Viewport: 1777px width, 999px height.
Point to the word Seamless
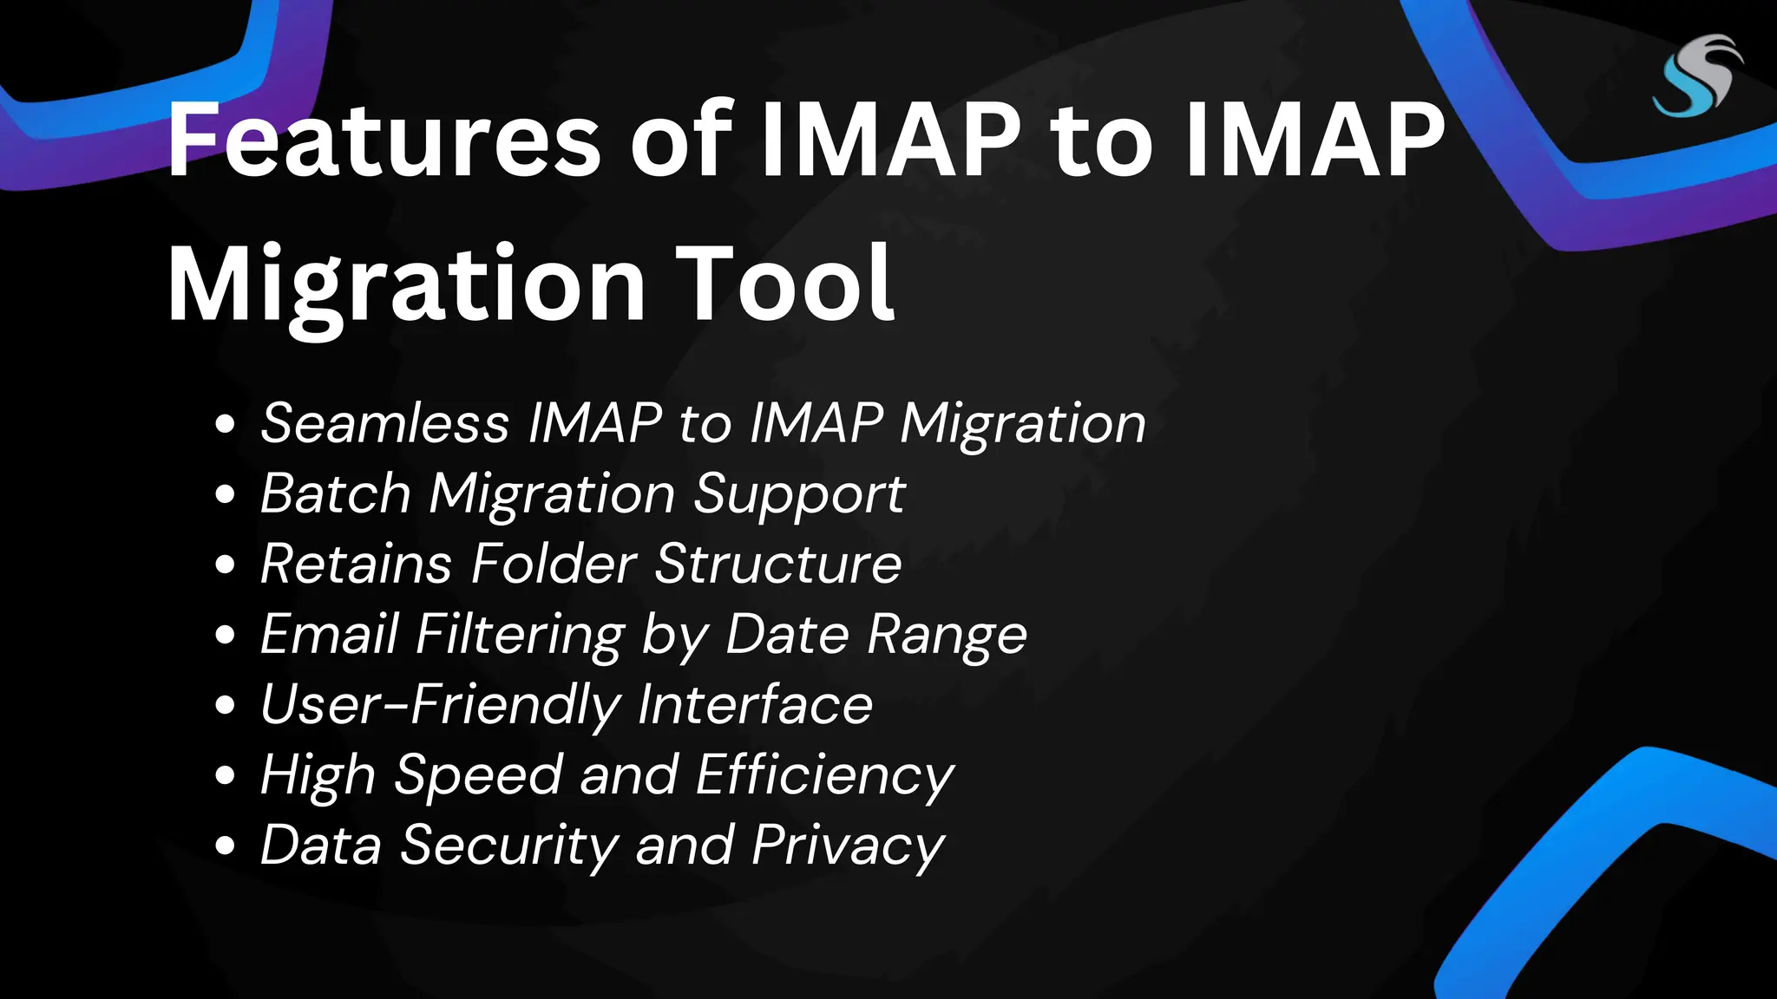(384, 423)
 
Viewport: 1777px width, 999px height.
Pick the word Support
(799, 495)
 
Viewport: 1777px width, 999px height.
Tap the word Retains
(356, 564)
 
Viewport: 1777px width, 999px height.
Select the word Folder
(554, 564)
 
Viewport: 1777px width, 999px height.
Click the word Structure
(778, 564)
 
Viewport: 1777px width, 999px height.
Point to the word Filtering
(520, 635)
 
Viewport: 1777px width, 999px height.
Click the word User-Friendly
(441, 704)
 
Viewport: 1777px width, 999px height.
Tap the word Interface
(755, 704)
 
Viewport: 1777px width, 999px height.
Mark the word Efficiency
(824, 775)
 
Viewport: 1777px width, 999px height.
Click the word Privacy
(848, 846)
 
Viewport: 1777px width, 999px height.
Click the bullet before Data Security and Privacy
(226, 846)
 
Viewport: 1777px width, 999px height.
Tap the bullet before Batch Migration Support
(226, 494)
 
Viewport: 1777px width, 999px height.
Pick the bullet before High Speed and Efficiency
(226, 775)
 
